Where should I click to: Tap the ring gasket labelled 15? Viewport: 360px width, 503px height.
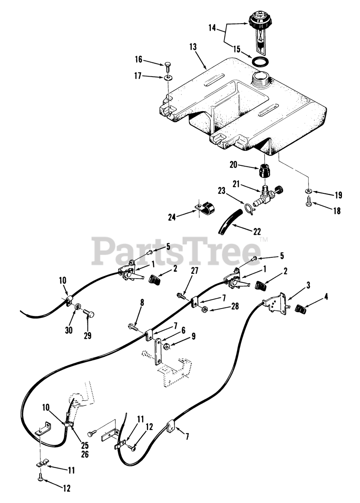coord(260,62)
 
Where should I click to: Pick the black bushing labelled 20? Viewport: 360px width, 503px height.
coord(265,172)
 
